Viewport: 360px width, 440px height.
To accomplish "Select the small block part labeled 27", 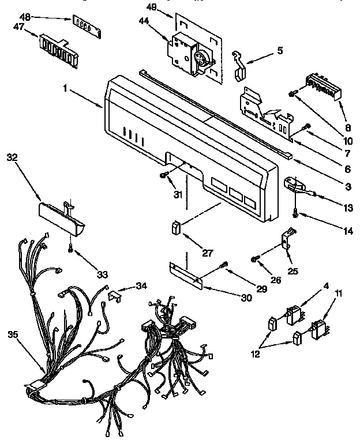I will [175, 228].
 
